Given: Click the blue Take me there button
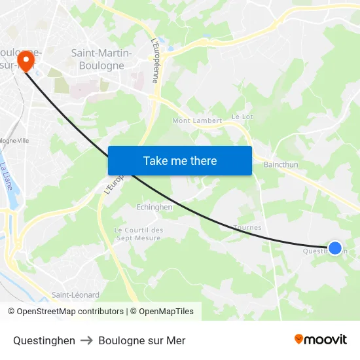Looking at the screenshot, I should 180,160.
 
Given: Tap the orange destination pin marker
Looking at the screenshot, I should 26,60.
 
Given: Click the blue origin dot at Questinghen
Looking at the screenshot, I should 334,248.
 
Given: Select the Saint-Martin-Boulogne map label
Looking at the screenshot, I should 101,59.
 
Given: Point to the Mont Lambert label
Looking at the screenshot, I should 197,120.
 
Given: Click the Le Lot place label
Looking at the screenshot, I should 243,117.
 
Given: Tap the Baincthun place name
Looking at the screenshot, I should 281,165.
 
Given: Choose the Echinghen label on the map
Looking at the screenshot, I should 154,207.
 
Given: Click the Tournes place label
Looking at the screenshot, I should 247,228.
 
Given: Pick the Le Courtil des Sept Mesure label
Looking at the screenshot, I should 139,234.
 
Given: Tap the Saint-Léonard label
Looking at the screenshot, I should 76,295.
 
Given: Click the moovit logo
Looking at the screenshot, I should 321,339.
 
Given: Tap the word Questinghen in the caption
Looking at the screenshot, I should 44,340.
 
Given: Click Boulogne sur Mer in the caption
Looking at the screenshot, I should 142,340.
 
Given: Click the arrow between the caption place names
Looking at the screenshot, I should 87,340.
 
